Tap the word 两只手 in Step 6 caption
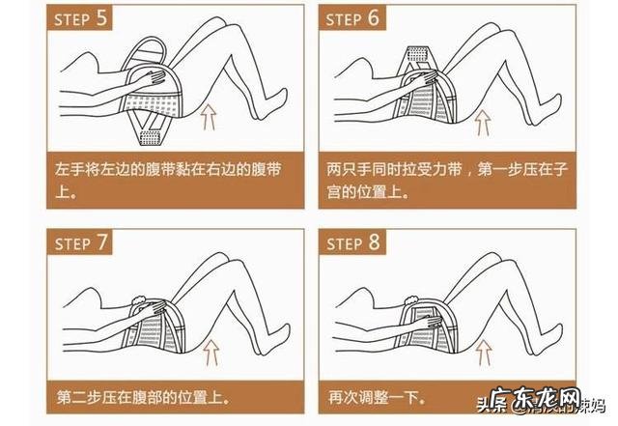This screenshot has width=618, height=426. point(349,167)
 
